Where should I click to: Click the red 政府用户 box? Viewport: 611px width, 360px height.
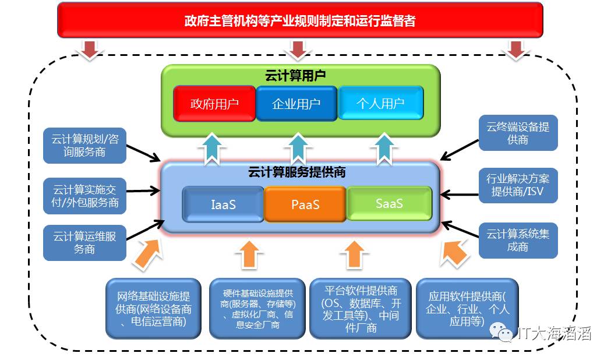coord(214,104)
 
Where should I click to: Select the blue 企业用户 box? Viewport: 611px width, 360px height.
coord(296,104)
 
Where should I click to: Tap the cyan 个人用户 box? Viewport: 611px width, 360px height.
coord(380,103)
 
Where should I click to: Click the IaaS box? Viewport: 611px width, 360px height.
coord(223,204)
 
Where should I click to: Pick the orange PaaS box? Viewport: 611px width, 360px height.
coord(305,204)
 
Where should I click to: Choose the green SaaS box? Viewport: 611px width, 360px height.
coord(389,203)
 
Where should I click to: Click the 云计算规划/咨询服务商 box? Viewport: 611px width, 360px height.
coord(84,145)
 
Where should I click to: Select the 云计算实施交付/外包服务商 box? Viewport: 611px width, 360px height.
coord(84,196)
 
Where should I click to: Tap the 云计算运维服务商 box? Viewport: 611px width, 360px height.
coord(84,243)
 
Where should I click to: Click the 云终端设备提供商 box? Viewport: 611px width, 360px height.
coord(518,133)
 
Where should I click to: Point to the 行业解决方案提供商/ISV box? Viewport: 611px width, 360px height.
coord(518,185)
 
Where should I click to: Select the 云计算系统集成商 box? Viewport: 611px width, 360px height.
coord(518,241)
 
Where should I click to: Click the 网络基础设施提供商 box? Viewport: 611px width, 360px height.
coord(154,309)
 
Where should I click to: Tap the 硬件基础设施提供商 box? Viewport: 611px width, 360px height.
coord(257,309)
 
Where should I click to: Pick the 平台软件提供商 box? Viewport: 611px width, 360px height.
coord(361,309)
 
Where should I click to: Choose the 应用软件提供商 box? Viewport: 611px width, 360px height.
coord(467,309)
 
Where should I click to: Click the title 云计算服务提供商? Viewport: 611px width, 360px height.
coord(297,172)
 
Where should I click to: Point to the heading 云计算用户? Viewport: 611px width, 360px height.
coord(295,76)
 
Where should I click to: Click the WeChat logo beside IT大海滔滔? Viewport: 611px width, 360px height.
coord(501,332)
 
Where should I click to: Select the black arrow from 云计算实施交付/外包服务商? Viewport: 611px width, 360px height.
coord(143,191)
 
